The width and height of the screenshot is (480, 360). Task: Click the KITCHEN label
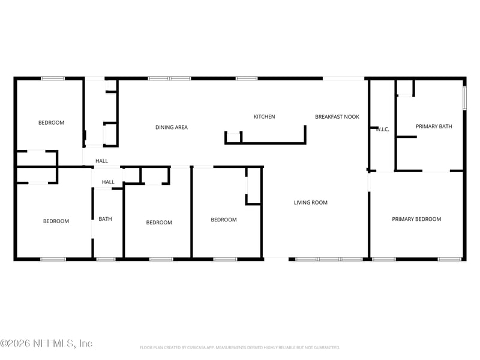(264, 117)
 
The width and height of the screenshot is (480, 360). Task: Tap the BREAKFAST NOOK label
(337, 117)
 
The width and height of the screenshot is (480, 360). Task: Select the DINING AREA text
(172, 127)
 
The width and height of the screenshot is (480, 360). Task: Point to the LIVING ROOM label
(311, 203)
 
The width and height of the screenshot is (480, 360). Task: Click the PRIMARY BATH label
(434, 127)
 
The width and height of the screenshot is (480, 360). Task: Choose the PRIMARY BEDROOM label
(416, 219)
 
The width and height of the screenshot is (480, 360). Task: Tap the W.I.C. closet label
(382, 129)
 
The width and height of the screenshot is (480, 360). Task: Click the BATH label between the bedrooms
(105, 219)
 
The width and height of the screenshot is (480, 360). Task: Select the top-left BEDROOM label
(51, 123)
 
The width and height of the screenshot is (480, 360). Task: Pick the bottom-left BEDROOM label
(56, 221)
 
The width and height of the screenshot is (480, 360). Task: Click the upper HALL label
(102, 161)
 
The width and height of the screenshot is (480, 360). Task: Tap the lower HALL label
(108, 182)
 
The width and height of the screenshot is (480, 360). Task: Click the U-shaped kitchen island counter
(265, 142)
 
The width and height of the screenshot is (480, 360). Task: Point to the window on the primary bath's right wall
(464, 98)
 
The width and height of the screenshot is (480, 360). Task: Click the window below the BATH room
(106, 259)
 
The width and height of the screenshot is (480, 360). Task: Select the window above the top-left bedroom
(53, 78)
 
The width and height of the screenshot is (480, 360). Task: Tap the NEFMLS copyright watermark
(46, 344)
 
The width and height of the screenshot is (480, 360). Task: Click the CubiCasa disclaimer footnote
(240, 347)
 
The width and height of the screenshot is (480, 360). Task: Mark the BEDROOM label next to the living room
(224, 220)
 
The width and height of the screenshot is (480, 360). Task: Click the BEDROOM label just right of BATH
(159, 223)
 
